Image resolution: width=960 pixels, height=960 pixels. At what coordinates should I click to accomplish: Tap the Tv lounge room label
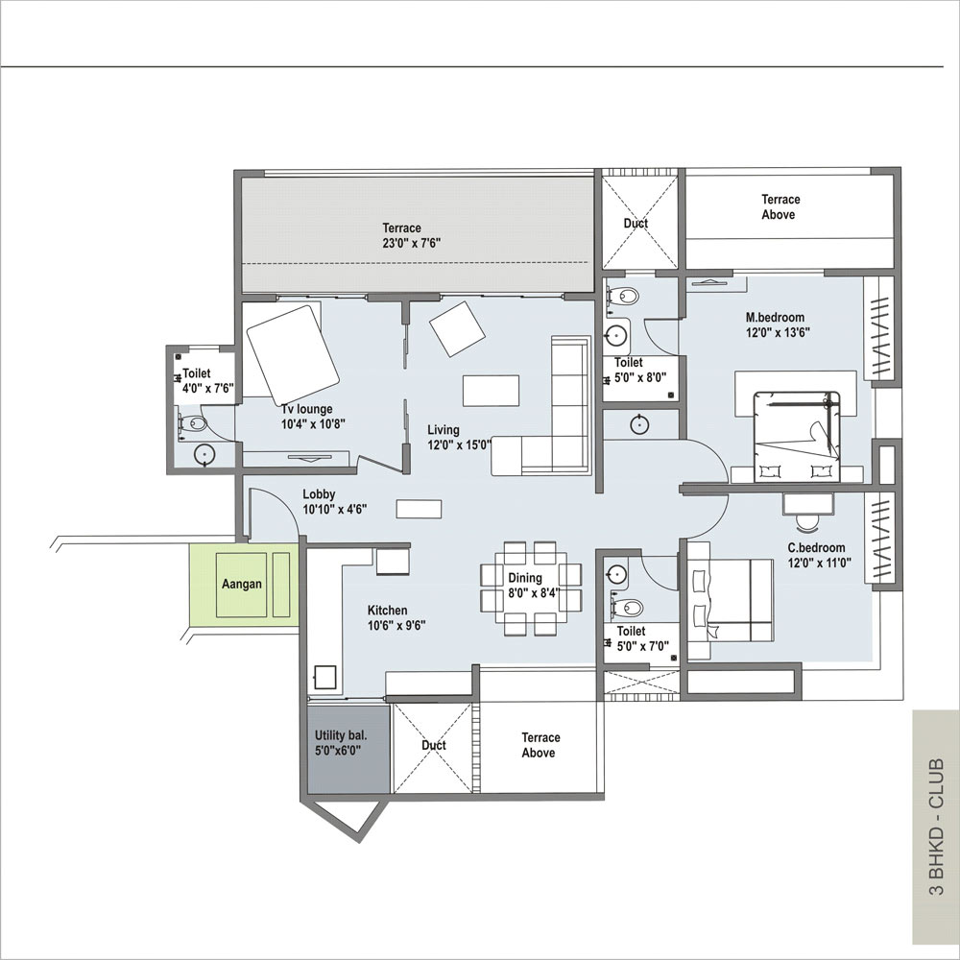click(x=312, y=417)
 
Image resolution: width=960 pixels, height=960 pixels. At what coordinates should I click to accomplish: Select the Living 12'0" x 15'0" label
click(x=459, y=437)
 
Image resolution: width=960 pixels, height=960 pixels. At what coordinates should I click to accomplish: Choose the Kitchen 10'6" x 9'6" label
click(x=396, y=617)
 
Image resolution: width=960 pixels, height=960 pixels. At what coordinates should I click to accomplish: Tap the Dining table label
click(x=533, y=586)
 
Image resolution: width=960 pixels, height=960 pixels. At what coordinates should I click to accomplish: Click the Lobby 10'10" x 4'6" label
click(x=334, y=501)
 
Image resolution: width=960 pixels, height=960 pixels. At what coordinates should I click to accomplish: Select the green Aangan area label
click(x=242, y=584)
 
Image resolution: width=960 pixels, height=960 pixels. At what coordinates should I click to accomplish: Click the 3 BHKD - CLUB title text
click(x=937, y=828)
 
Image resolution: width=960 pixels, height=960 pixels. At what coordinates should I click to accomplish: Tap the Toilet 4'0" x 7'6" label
click(x=208, y=380)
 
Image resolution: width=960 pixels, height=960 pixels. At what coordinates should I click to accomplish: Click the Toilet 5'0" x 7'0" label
click(x=642, y=638)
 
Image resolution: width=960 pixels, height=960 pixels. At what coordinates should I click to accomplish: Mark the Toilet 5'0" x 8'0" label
click(x=640, y=370)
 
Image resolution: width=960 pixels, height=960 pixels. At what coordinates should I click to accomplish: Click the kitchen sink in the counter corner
click(x=325, y=677)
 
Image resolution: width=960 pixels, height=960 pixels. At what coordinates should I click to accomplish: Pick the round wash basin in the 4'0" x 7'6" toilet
click(x=204, y=454)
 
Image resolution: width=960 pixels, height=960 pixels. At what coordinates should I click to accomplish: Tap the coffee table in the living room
click(x=491, y=391)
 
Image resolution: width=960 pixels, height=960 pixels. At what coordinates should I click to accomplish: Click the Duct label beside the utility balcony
click(x=434, y=745)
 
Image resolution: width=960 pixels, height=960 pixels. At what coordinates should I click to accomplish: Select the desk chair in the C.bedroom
click(x=807, y=521)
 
